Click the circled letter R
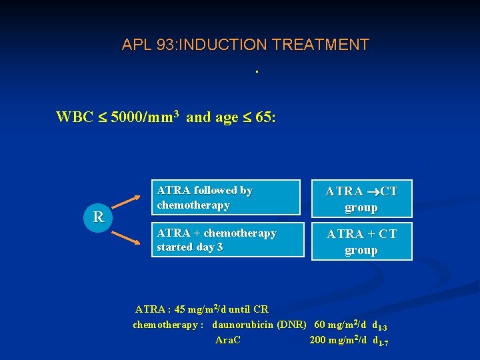pyautogui.click(x=99, y=217)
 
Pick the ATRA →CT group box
pyautogui.click(x=361, y=199)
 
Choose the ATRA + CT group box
pyautogui.click(x=361, y=241)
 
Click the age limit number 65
pyautogui.click(x=263, y=118)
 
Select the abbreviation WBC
pyautogui.click(x=74, y=118)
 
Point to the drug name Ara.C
pyautogui.click(x=228, y=340)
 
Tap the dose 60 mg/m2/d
pyautogui.click(x=340, y=325)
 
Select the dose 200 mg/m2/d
pyautogui.click(x=338, y=340)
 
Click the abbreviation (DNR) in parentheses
pyautogui.click(x=292, y=325)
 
